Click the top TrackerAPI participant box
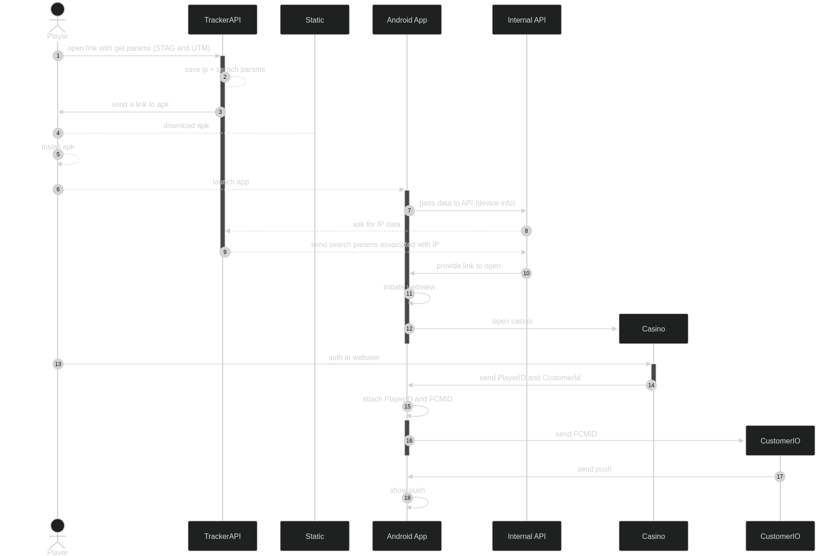pyautogui.click(x=222, y=20)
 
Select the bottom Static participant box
pyautogui.click(x=314, y=536)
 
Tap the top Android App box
pyautogui.click(x=407, y=20)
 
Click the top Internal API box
pyautogui.click(x=526, y=20)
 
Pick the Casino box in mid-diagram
pyautogui.click(x=653, y=329)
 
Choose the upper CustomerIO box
pyautogui.click(x=780, y=441)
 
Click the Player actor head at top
pyautogui.click(x=58, y=9)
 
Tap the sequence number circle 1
pyautogui.click(x=58, y=56)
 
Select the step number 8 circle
pyautogui.click(x=526, y=231)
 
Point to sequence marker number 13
pyautogui.click(x=58, y=364)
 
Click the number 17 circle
pyautogui.click(x=779, y=477)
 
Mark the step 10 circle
pyautogui.click(x=526, y=273)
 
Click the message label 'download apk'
pyautogui.click(x=186, y=126)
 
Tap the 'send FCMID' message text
pyautogui.click(x=576, y=434)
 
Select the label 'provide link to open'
pyautogui.click(x=468, y=266)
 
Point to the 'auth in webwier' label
pyautogui.click(x=354, y=358)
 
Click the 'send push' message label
pyautogui.click(x=594, y=469)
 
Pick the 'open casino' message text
pyautogui.click(x=512, y=321)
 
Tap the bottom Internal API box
pyautogui.click(x=526, y=536)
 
